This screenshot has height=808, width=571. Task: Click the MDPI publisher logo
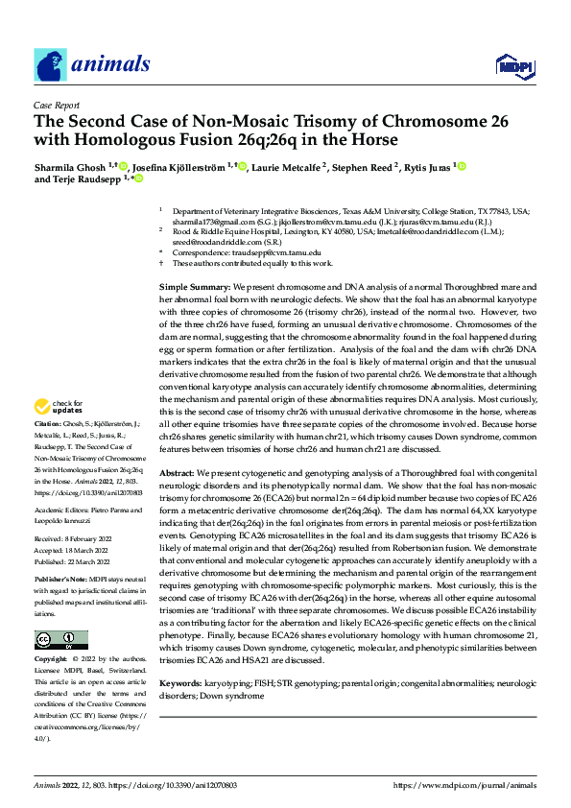[x=513, y=65]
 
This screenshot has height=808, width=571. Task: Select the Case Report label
[x=56, y=106]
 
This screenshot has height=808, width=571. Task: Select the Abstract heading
[x=177, y=474]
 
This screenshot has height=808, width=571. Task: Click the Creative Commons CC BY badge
[x=60, y=612]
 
